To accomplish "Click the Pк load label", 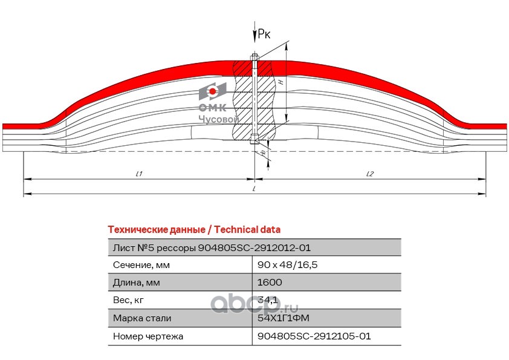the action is pos(264,34).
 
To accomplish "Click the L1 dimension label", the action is pos(138,174).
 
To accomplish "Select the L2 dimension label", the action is pos(370,174).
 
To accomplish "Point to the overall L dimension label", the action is pos(254,189).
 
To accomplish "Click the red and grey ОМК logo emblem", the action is pos(212,92).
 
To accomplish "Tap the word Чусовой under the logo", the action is pos(219,119).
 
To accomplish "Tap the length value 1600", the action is pos(270,283).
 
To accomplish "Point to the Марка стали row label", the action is pos(142,318).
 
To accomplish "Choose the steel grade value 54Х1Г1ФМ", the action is pos(284,318).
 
